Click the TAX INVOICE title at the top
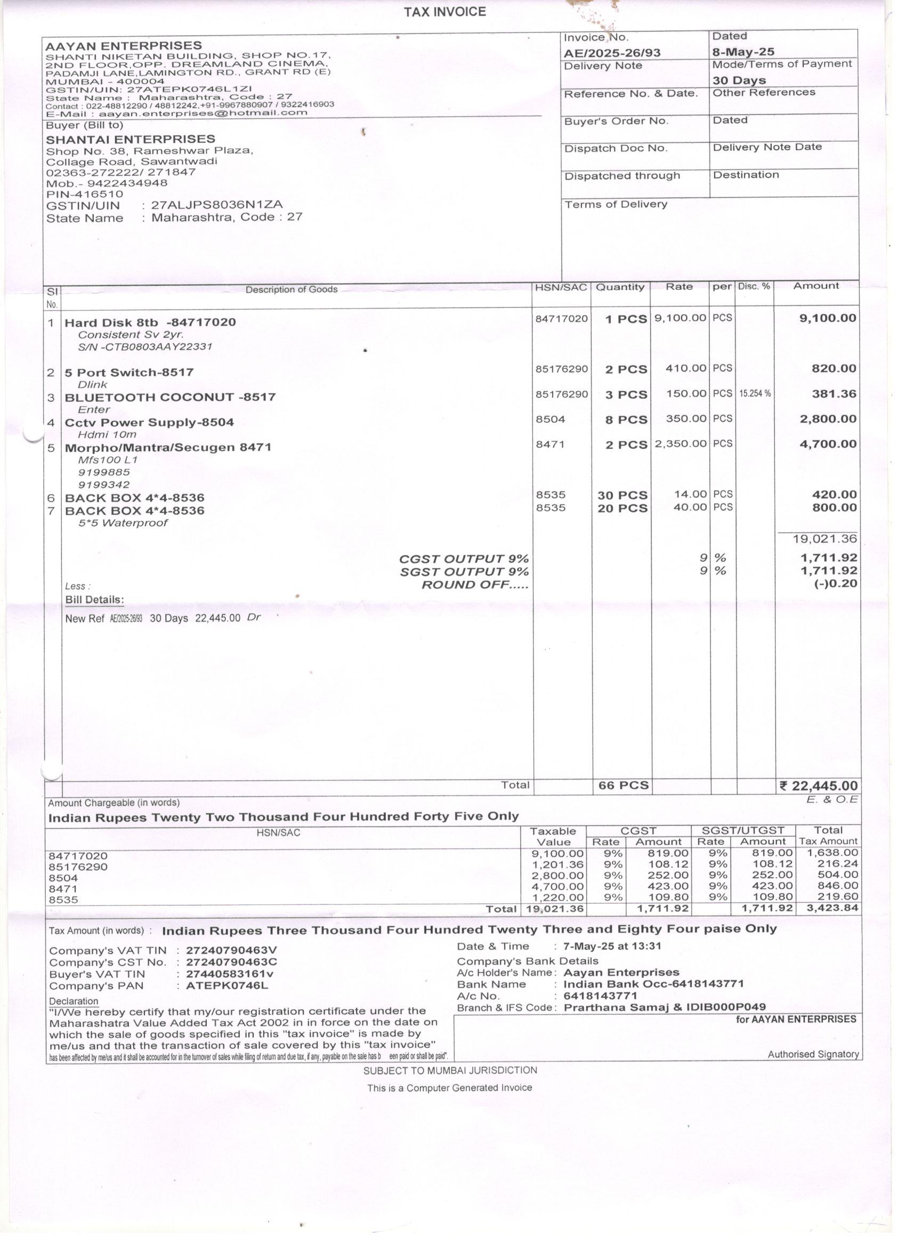click(x=444, y=12)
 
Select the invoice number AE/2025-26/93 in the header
click(x=611, y=53)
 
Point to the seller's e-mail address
click(x=203, y=112)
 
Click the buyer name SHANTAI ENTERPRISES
click(x=130, y=140)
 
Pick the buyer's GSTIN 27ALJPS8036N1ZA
click(x=216, y=205)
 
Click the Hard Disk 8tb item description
click(x=150, y=322)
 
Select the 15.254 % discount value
click(x=754, y=394)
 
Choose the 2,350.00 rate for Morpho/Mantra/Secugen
click(x=680, y=443)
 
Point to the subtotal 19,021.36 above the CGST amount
click(x=824, y=539)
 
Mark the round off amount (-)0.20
click(x=835, y=584)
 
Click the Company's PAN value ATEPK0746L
click(x=227, y=985)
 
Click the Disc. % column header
click(x=754, y=287)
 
